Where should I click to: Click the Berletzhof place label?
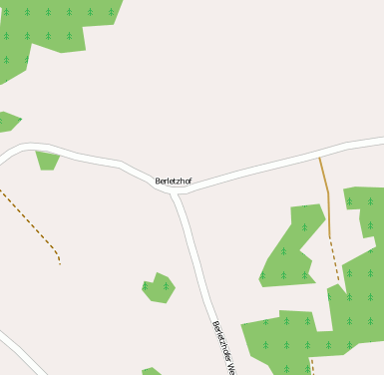point(174,181)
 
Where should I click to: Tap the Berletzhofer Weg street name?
point(223,345)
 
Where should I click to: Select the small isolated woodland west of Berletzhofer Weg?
point(158,287)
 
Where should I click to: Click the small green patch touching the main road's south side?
point(47,159)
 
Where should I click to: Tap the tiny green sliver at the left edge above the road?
point(7,122)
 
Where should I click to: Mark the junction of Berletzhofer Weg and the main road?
point(176,193)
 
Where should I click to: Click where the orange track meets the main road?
point(319,157)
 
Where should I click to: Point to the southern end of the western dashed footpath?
point(60,263)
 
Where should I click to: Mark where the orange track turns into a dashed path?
point(330,237)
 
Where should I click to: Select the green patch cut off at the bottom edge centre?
point(151,372)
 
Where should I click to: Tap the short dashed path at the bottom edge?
point(312,367)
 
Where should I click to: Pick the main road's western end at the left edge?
point(3,160)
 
